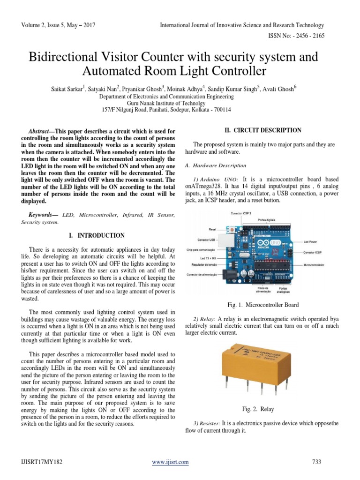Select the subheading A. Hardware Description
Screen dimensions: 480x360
pyautogui.click(x=216, y=165)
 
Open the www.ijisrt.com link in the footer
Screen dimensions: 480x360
pyautogui.click(x=171, y=462)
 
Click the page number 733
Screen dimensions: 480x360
pyautogui.click(x=316, y=462)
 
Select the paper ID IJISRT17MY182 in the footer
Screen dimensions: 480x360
pyautogui.click(x=42, y=462)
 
